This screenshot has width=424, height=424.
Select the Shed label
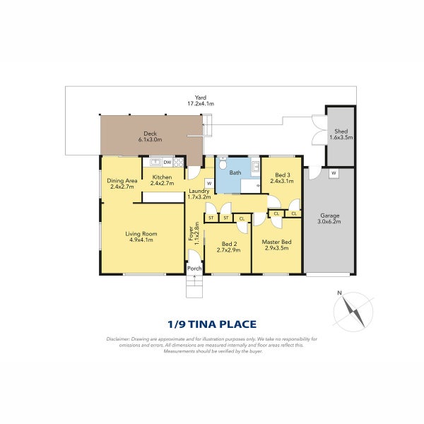pyautogui.click(x=341, y=131)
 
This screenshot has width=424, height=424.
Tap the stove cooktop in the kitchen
pyautogui.click(x=179, y=163)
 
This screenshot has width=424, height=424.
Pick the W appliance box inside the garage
pyautogui.click(x=333, y=173)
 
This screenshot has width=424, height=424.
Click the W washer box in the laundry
pyautogui.click(x=209, y=183)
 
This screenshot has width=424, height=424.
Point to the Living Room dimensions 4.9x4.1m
pyautogui.click(x=141, y=240)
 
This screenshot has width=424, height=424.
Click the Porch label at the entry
pyautogui.click(x=194, y=268)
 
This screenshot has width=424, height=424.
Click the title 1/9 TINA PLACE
pyautogui.click(x=211, y=324)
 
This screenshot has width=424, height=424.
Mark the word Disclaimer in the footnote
pyautogui.click(x=117, y=339)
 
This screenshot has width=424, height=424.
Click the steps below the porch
pyautogui.click(x=194, y=286)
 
